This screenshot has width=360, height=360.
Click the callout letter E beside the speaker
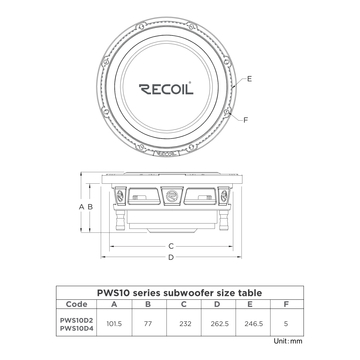pyautogui.click(x=249, y=77)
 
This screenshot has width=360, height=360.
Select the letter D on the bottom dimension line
pyautogui.click(x=171, y=258)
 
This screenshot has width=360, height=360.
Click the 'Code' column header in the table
pyautogui.click(x=76, y=305)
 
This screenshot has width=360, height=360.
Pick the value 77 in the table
pyautogui.click(x=149, y=325)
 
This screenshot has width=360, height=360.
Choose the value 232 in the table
pyautogui.click(x=185, y=325)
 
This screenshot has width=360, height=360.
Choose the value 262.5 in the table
pyautogui.click(x=221, y=325)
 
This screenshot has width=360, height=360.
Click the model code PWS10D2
pyautogui.click(x=76, y=321)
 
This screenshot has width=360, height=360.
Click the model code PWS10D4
pyautogui.click(x=76, y=330)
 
